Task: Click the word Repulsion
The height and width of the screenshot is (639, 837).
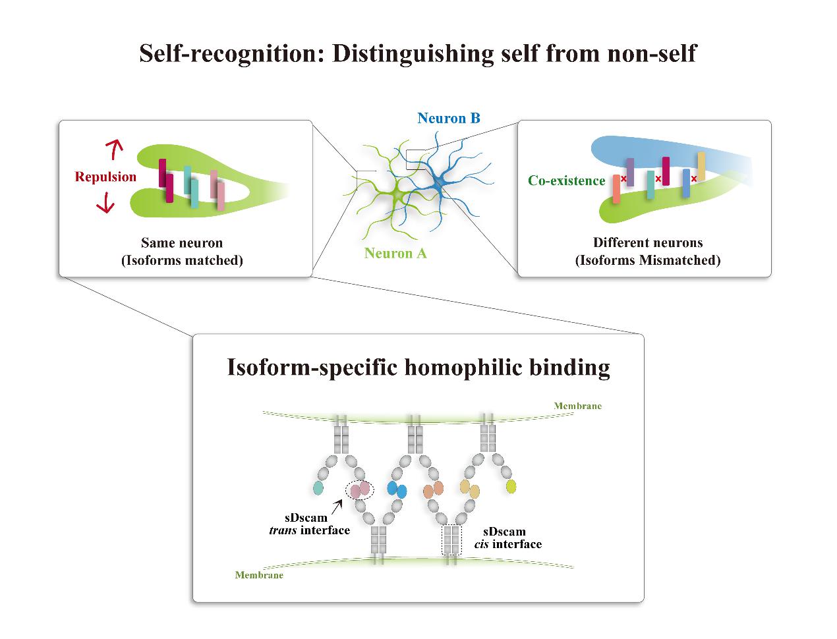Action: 105,177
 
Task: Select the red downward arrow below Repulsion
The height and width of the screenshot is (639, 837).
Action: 105,205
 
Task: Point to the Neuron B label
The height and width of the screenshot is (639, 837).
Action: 448,119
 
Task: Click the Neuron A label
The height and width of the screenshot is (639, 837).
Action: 395,253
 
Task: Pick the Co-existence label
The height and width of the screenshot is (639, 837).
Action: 566,181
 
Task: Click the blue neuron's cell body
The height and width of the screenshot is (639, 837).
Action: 437,185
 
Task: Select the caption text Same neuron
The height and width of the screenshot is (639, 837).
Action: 182,243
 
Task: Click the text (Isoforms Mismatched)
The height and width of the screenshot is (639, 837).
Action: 648,260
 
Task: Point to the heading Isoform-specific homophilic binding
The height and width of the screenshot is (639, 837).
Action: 418,367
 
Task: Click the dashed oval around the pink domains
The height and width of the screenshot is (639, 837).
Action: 360,489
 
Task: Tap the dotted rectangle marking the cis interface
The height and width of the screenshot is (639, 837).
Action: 451,540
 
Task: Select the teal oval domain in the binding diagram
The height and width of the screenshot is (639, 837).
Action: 318,487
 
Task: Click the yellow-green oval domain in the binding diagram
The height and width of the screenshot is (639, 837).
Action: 511,487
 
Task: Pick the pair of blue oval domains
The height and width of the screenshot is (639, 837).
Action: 397,489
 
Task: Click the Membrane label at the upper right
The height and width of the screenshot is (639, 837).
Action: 577,406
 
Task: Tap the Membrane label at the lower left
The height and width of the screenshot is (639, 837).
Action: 259,575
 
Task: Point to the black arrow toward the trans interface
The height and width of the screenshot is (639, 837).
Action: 337,506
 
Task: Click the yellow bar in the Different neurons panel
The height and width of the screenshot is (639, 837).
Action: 701,166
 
